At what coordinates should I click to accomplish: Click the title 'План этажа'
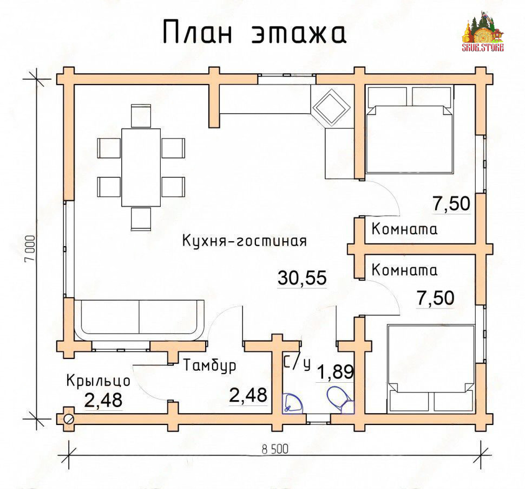pos(254,32)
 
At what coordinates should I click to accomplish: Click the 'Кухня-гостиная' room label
pos(245,241)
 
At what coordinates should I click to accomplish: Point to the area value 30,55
pos(302,278)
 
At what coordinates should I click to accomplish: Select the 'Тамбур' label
pos(209,365)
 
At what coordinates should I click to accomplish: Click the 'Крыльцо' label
pos(98,381)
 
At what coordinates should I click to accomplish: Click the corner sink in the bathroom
pos(292,403)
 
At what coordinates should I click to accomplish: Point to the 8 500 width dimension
pos(275,449)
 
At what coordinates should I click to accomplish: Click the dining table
pos(141,168)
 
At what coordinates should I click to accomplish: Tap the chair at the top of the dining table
pos(141,116)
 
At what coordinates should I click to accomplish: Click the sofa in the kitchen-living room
pos(139,320)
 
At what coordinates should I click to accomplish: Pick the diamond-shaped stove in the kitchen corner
pos(331,107)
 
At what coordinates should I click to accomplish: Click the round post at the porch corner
pos(69,419)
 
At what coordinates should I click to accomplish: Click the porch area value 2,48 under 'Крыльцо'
pos(103,400)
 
